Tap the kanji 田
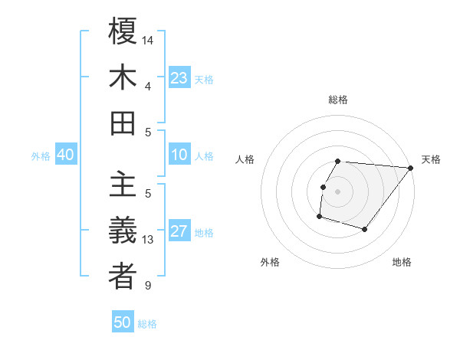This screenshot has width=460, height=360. [123, 123]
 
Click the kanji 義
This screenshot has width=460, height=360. [123, 231]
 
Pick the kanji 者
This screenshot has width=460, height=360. [123, 277]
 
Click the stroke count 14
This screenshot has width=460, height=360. [148, 39]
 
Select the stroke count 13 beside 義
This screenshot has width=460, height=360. [148, 240]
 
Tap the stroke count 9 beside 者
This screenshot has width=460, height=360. [148, 286]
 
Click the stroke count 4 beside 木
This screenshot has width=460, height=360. [148, 86]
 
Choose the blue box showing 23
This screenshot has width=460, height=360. [179, 78]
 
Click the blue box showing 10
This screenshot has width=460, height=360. [179, 155]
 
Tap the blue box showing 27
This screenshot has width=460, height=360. [179, 231]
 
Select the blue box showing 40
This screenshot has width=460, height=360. [65, 155]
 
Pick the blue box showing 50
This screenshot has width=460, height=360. [123, 322]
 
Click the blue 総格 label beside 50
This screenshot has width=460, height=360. [147, 324]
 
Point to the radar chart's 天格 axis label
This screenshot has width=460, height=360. [431, 159]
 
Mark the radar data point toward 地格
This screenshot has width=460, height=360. [365, 229]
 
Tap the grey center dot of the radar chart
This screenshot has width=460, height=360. [337, 191]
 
